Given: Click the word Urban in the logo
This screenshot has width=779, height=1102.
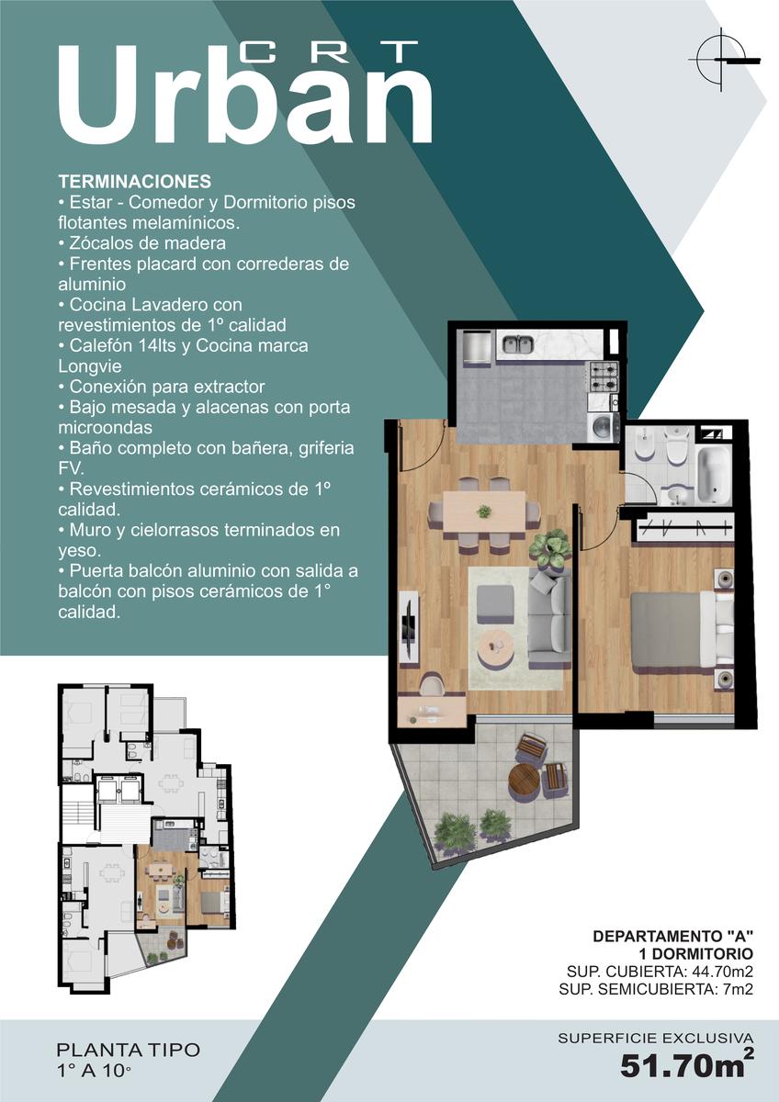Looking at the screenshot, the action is coord(245,95).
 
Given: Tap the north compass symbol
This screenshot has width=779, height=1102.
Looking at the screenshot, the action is coord(722,60).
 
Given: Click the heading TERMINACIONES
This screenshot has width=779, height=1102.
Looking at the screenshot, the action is coord(135,182).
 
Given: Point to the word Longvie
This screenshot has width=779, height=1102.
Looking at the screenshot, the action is coord(89,366).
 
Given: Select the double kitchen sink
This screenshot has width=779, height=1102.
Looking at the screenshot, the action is coord(517,343).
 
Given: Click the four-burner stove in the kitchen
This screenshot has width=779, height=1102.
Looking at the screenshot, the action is coord(604,377).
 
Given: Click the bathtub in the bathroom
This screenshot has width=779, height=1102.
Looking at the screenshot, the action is coord(713,476).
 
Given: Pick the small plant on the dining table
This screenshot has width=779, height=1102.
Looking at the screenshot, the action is coord(484,512).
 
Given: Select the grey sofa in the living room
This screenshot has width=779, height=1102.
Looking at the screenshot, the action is coord(549,618).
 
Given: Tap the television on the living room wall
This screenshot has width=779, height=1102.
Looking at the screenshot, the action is coord(409,627).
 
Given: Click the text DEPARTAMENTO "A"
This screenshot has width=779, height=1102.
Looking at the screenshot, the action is coord(672,936).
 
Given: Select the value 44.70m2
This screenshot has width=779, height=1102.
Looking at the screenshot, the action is coord(723,972).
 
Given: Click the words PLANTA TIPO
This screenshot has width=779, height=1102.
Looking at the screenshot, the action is coord(129,1050).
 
